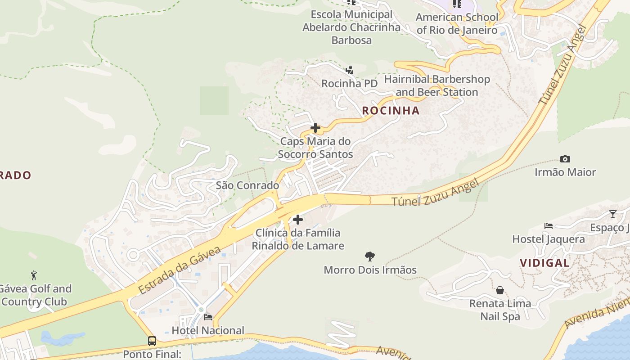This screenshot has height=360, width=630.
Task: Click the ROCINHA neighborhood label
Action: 391,111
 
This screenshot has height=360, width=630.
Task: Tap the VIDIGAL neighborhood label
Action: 544,263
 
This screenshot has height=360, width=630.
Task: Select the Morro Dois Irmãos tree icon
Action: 370,256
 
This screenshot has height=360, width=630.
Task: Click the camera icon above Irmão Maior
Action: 565,159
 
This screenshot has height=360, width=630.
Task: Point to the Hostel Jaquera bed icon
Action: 548,226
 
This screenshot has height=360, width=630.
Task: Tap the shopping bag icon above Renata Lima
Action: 499,290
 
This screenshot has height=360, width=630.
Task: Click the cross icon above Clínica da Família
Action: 298,220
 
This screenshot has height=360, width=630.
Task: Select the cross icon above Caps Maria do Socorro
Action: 315,128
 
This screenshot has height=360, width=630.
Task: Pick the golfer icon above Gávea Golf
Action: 34,275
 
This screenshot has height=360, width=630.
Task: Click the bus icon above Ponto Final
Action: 152,341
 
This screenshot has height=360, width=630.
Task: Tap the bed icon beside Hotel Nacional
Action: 208,317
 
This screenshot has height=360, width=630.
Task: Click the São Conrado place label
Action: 247,185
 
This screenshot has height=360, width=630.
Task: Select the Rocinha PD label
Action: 349,84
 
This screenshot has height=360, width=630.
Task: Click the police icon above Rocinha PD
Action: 349,70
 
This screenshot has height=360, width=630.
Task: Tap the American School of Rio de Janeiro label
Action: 457,24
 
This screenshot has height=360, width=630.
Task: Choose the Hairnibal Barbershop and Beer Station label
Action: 437,86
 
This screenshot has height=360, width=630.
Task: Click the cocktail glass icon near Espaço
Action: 612,214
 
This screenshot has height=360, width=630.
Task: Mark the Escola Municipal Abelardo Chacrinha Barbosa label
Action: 351,27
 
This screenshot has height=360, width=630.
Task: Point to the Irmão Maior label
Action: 565,172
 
